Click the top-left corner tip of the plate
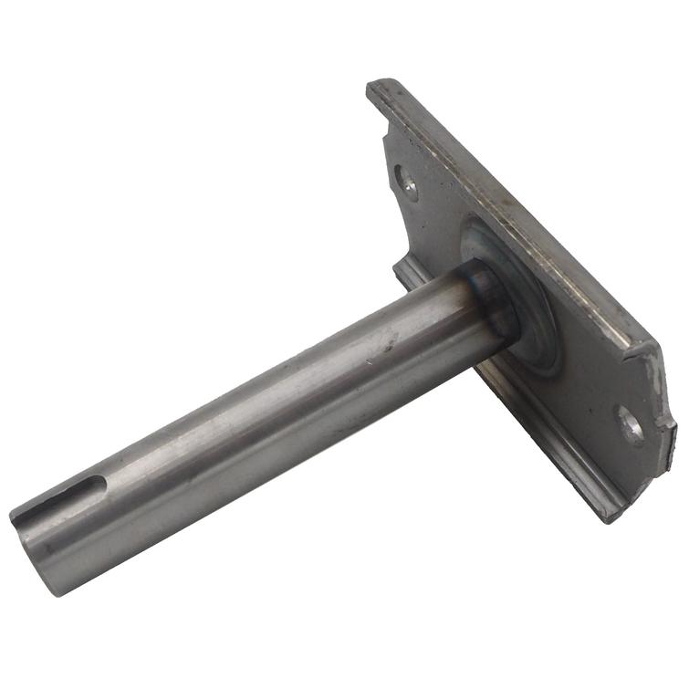(374, 87)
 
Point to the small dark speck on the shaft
(392, 346)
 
